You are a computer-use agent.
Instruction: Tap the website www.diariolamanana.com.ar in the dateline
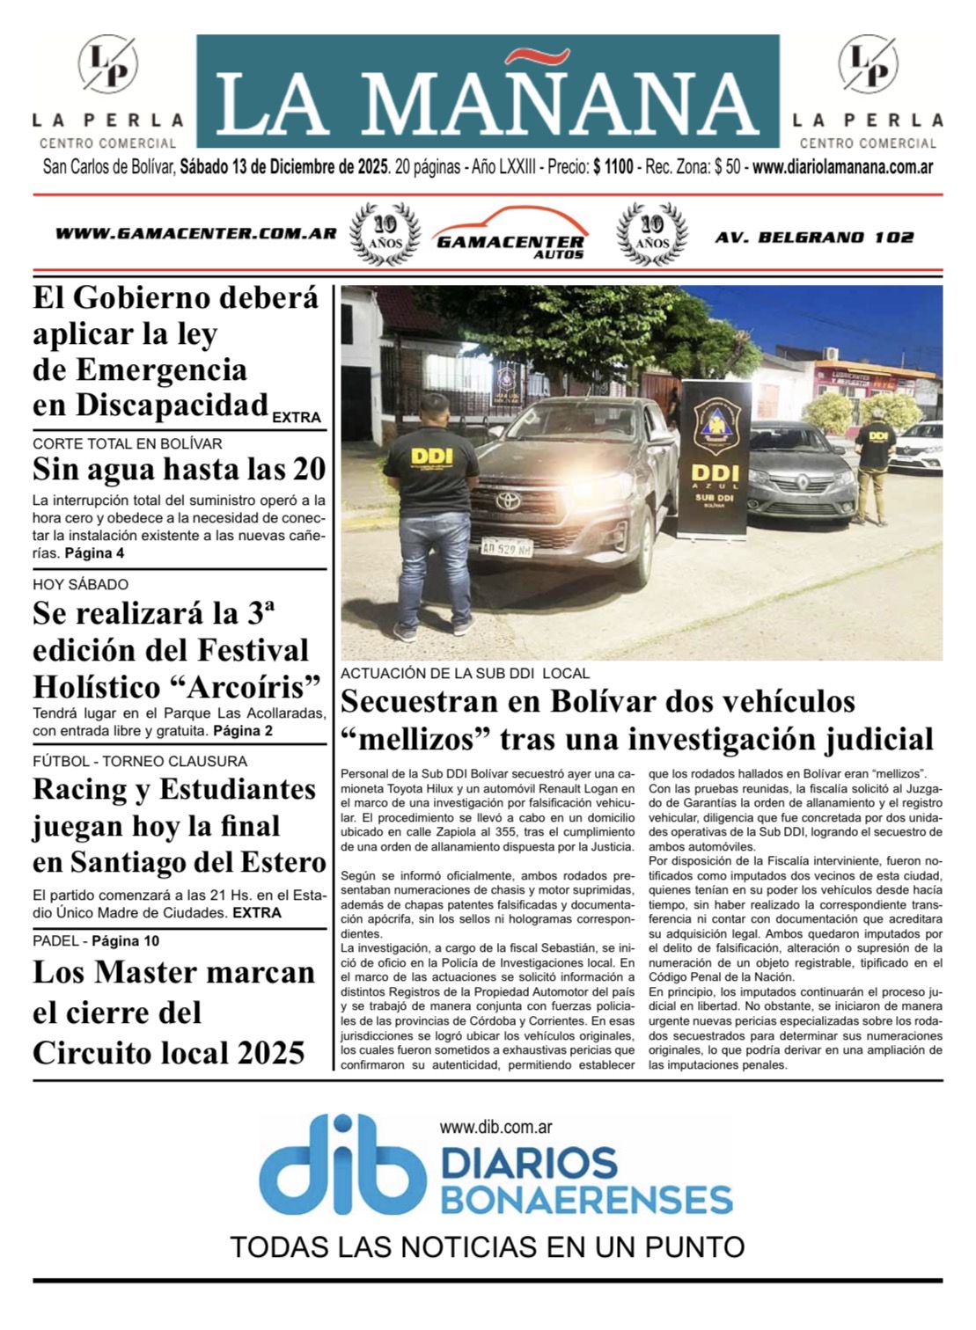coord(842,166)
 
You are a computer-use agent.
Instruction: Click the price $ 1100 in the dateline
coord(613,166)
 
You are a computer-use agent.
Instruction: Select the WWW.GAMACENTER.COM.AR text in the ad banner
coord(195,234)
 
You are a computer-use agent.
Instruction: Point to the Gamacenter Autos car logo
coord(510,233)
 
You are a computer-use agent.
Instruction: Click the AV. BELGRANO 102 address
coord(814,237)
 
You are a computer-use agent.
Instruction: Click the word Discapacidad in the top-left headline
coord(150,406)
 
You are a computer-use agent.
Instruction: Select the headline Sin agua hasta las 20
coord(180,470)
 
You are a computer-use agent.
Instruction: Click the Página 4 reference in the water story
coord(94,553)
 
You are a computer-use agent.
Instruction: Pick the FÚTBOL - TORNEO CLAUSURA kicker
coord(140,761)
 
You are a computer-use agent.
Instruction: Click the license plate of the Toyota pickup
coord(506,547)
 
